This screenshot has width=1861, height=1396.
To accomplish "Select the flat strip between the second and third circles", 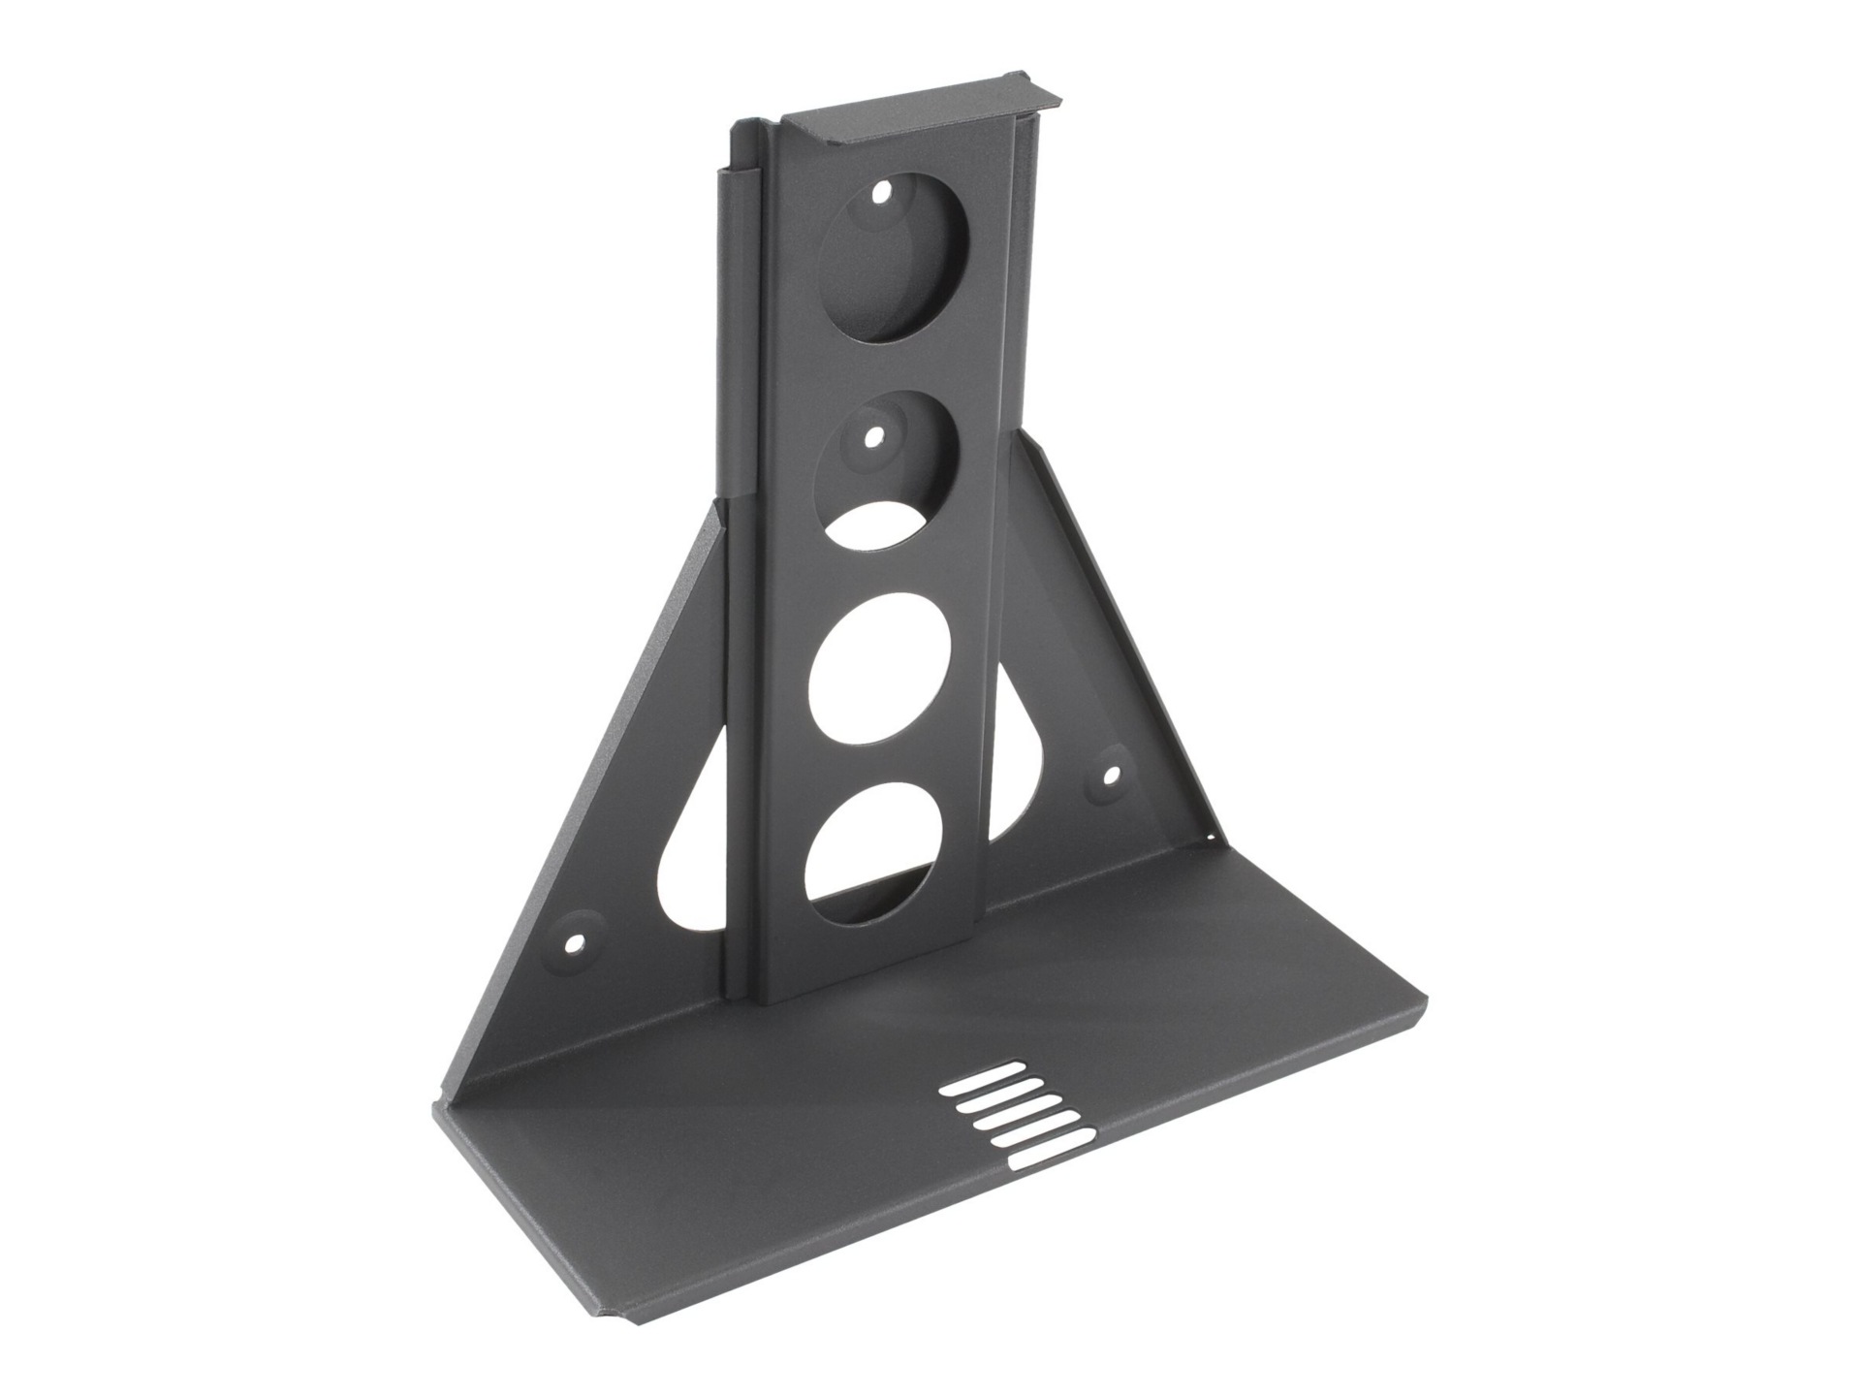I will [889, 562].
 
